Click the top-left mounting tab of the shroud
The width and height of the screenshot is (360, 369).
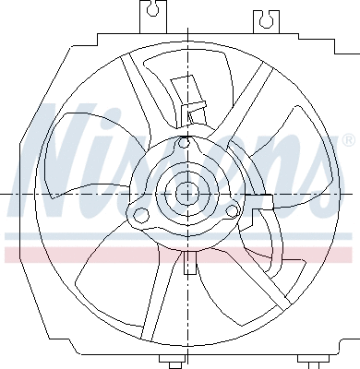coord(152,12)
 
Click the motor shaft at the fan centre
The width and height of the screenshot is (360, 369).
coord(187,194)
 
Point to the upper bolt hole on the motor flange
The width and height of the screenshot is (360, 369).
coord(186,144)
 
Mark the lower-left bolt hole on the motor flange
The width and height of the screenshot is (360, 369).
coord(141,216)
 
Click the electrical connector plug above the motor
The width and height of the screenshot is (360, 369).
coord(196,111)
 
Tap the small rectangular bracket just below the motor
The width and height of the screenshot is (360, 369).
coord(189,263)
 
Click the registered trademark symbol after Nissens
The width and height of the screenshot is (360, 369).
coord(347,140)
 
